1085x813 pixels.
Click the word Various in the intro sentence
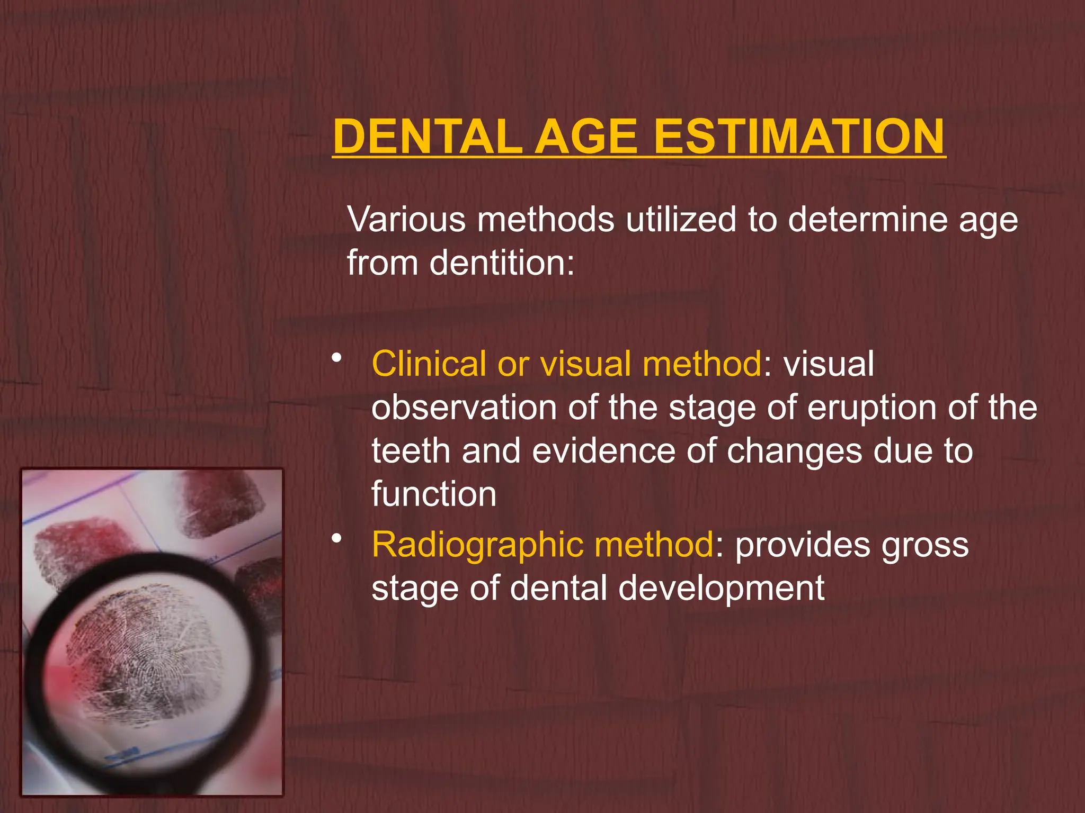tap(406, 219)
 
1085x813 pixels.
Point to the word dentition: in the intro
tap(501, 263)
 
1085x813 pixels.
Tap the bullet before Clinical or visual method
tap(336, 358)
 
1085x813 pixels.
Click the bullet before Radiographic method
tap(336, 539)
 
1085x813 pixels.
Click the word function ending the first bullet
tap(433, 494)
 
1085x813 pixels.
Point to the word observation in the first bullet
tap(463, 408)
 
